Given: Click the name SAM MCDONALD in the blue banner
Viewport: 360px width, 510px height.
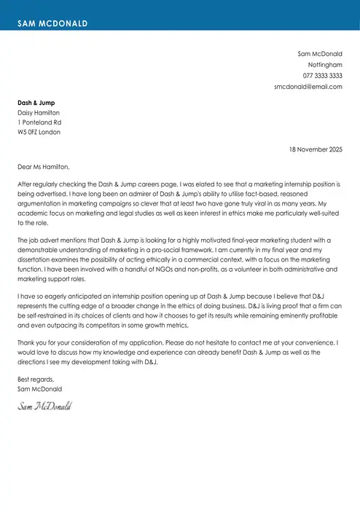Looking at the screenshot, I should [x=52, y=23].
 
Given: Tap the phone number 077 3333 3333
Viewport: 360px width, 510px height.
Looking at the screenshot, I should [x=323, y=76].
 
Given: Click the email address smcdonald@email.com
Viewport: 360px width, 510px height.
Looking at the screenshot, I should [x=308, y=87].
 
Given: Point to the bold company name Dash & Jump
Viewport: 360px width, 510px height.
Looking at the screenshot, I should [x=36, y=103].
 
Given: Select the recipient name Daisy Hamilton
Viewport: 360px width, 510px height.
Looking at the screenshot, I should [x=39, y=113].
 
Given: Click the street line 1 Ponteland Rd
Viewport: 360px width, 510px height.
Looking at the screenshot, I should [x=39, y=122].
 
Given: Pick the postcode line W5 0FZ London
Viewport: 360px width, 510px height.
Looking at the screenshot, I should [x=39, y=132].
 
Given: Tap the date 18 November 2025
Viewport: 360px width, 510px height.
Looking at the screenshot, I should [x=315, y=149].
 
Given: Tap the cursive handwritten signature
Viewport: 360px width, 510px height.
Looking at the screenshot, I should [x=45, y=405].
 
